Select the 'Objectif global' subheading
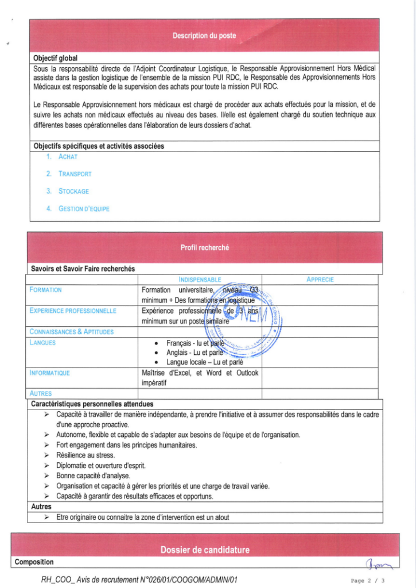[x=55, y=58]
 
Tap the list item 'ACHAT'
[x=68, y=156]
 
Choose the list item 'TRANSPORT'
[x=75, y=173]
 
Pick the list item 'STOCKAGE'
[x=73, y=191]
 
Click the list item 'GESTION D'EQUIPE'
[x=84, y=208]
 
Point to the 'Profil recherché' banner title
[x=204, y=247]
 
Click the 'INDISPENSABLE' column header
[x=200, y=280]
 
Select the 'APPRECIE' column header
[x=320, y=280]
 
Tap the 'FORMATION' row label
[x=45, y=290]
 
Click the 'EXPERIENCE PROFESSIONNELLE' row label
[x=72, y=311]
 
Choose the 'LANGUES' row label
[x=42, y=342]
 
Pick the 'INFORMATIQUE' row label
[x=49, y=373]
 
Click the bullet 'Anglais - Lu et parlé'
[x=195, y=353]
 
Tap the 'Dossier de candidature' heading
[x=205, y=550]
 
